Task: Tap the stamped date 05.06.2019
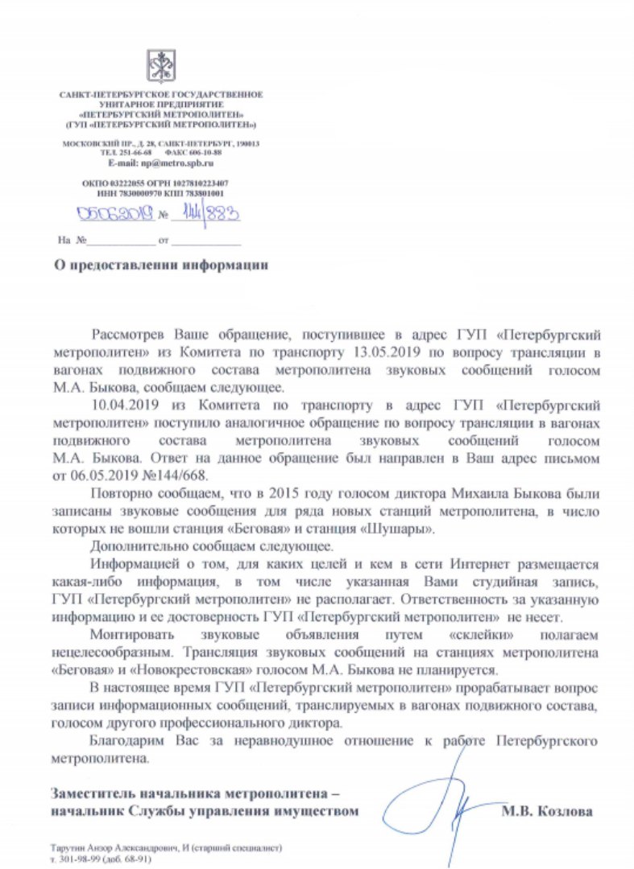[112, 215]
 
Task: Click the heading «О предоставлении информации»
[159, 264]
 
